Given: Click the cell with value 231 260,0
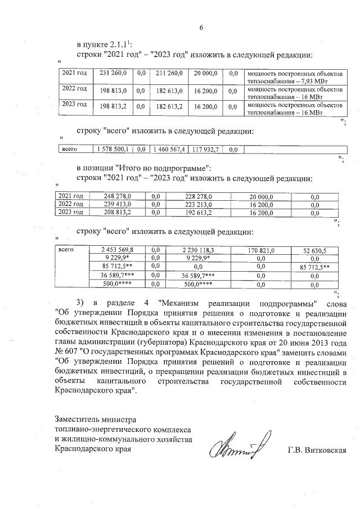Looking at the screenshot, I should pyautogui.click(x=113, y=73).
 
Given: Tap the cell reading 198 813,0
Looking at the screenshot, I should pyautogui.click(x=113, y=90).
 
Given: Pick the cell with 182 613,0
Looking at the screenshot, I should pyautogui.click(x=169, y=90).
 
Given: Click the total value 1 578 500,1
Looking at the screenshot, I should pyautogui.click(x=113, y=149).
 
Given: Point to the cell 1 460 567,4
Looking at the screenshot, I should pyautogui.click(x=169, y=149).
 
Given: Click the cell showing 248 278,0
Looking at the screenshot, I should pyautogui.click(x=117, y=196).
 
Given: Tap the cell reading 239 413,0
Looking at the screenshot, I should pyautogui.click(x=117, y=204).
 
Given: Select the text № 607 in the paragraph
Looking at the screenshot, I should pyautogui.click(x=67, y=353).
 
